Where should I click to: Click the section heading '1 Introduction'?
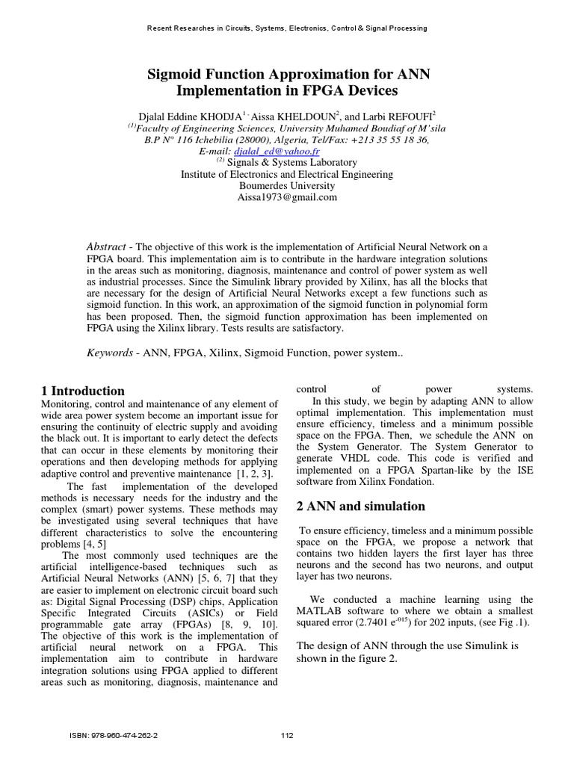point(82,391)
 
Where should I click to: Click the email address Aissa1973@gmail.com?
point(287,197)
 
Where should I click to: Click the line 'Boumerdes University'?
point(287,186)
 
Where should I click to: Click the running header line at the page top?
point(287,28)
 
